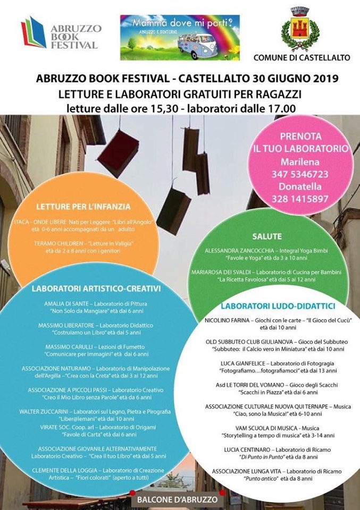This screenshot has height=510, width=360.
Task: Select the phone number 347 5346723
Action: (301, 174)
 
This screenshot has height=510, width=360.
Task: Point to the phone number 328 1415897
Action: (301, 199)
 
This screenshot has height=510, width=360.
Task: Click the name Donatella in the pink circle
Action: (301, 186)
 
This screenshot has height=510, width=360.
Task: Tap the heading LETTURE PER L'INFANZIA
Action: (83, 206)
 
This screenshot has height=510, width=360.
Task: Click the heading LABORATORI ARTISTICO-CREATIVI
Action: (96, 289)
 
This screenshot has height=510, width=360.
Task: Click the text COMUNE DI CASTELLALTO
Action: (302, 57)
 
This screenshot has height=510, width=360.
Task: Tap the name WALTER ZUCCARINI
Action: (45, 411)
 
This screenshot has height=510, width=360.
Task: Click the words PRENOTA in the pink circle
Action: (301, 137)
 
